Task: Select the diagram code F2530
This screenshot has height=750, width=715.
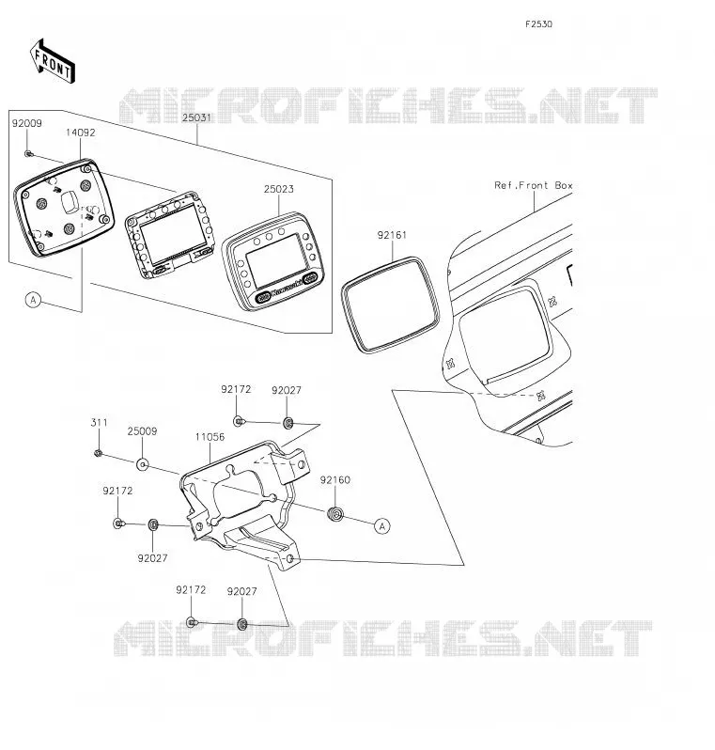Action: point(538,24)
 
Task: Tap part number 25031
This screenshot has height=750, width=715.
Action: point(196,117)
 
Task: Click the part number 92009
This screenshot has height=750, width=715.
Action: point(27,123)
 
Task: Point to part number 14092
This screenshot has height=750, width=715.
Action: point(81,133)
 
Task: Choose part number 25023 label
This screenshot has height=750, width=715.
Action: point(278,190)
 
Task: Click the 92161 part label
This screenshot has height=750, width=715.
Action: point(392,235)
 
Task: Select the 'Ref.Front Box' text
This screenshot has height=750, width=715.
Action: point(534,185)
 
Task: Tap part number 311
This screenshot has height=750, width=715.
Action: point(99,423)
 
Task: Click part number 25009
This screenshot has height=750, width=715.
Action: point(142,431)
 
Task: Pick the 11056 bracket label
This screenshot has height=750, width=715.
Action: point(210,437)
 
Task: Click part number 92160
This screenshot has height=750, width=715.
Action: point(334,480)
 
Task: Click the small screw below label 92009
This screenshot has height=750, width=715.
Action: point(28,153)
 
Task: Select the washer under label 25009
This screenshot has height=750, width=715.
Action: point(142,464)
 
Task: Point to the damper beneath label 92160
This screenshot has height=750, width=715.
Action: point(335,514)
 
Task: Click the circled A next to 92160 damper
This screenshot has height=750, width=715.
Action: point(381,526)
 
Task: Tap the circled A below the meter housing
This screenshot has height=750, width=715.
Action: point(33,301)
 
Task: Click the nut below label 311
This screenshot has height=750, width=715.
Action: point(98,452)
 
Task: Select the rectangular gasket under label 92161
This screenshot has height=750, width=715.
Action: point(391,305)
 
